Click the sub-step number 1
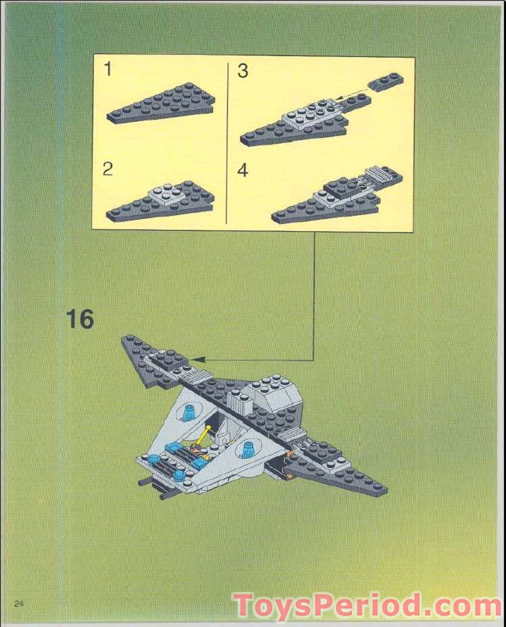pos(108,70)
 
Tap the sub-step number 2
pos(108,169)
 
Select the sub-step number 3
pos(243,71)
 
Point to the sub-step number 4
pos(243,170)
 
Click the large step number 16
pos(80,319)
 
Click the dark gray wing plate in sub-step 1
pos(162,105)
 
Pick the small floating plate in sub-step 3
pos(386,82)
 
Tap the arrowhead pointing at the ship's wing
pos(196,360)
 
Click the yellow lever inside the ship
pos(202,437)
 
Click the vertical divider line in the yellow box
pos(226,142)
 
